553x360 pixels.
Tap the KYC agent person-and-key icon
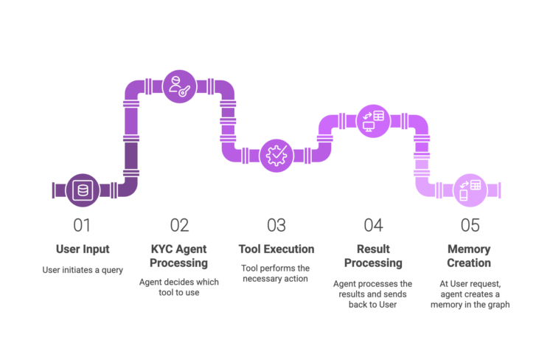(178, 84)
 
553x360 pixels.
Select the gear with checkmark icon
(276, 155)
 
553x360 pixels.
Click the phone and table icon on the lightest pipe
(469, 190)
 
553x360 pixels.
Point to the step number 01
(82, 225)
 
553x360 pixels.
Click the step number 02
(179, 225)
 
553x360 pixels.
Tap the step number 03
(276, 225)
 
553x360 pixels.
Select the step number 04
(373, 225)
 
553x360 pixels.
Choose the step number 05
(470, 225)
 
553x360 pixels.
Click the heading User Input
(82, 249)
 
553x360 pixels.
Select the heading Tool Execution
(276, 249)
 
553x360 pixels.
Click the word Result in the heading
(373, 249)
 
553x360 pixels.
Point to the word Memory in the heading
(469, 249)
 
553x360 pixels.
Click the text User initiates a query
(82, 270)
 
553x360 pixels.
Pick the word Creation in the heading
(469, 263)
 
